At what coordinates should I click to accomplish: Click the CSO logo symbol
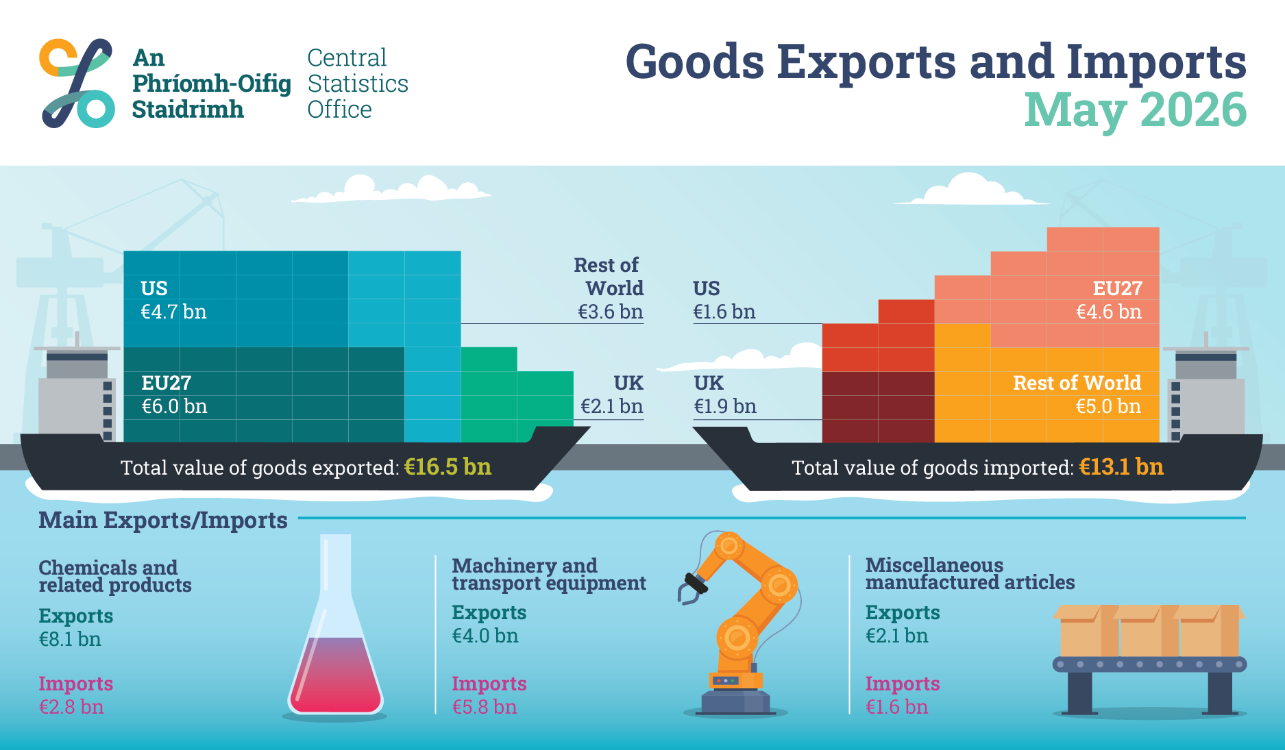[77, 84]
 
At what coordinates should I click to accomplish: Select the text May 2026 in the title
[1135, 111]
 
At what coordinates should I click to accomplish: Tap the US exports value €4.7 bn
[173, 312]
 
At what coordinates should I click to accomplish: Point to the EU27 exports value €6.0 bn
[174, 407]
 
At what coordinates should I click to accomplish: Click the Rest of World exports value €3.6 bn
[611, 312]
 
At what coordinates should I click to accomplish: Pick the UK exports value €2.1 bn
[612, 407]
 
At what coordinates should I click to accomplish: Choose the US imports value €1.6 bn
[724, 312]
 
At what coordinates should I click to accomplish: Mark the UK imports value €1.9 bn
[725, 407]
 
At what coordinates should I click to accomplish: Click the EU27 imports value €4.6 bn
[1109, 312]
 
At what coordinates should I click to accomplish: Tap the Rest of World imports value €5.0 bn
[1108, 407]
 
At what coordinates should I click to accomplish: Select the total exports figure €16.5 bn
[448, 467]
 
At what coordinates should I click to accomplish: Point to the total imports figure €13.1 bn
[1121, 467]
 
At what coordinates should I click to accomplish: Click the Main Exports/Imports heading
[163, 521]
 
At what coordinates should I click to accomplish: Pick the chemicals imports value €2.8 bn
[71, 707]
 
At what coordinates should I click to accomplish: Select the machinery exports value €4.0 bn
[485, 636]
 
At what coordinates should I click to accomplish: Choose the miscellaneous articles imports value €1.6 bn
[896, 707]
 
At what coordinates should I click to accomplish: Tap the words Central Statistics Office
[358, 84]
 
